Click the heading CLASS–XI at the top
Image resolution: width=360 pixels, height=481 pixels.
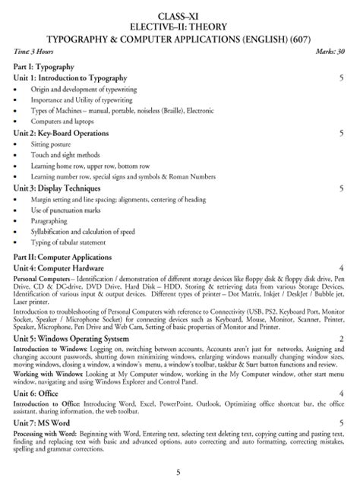pos(179,15)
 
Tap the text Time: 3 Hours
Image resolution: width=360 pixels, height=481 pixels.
pos(32,50)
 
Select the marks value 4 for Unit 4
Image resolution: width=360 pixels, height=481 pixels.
pos(342,269)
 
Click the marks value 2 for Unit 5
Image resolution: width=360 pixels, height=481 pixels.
pos(342,337)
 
